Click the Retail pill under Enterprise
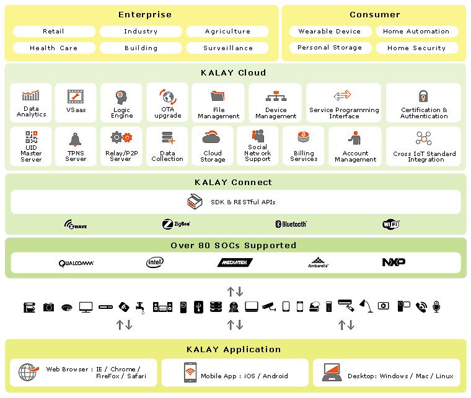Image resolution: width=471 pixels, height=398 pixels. pos(54,32)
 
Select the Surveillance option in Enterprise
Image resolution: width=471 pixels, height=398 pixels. pos(227,48)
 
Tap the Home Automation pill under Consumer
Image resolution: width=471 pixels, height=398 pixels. pos(416,32)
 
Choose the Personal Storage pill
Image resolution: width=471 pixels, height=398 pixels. pos(330,48)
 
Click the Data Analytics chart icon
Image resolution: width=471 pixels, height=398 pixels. pos(31,95)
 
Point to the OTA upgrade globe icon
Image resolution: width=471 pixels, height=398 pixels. pos(168,97)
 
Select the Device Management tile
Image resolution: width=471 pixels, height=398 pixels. pos(276,103)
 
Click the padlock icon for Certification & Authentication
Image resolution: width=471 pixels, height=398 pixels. pos(424,96)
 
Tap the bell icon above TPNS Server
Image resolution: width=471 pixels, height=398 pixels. pos(76,139)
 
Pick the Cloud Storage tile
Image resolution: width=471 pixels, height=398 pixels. pos(213,147)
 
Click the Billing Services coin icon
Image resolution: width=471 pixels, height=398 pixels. pos(304,137)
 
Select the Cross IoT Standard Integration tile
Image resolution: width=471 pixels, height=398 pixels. pos(423,147)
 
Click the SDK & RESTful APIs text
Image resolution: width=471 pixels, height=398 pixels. pos(243,202)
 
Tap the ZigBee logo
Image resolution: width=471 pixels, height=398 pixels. pos(176,224)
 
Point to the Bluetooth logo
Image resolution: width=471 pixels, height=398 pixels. pos(291,224)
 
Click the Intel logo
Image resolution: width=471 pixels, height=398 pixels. pos(155,262)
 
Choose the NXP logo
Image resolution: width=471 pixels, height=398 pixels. pos(394,262)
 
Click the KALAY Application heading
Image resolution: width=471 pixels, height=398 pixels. pos(235,350)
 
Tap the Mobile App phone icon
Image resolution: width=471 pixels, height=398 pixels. pos(190,372)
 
